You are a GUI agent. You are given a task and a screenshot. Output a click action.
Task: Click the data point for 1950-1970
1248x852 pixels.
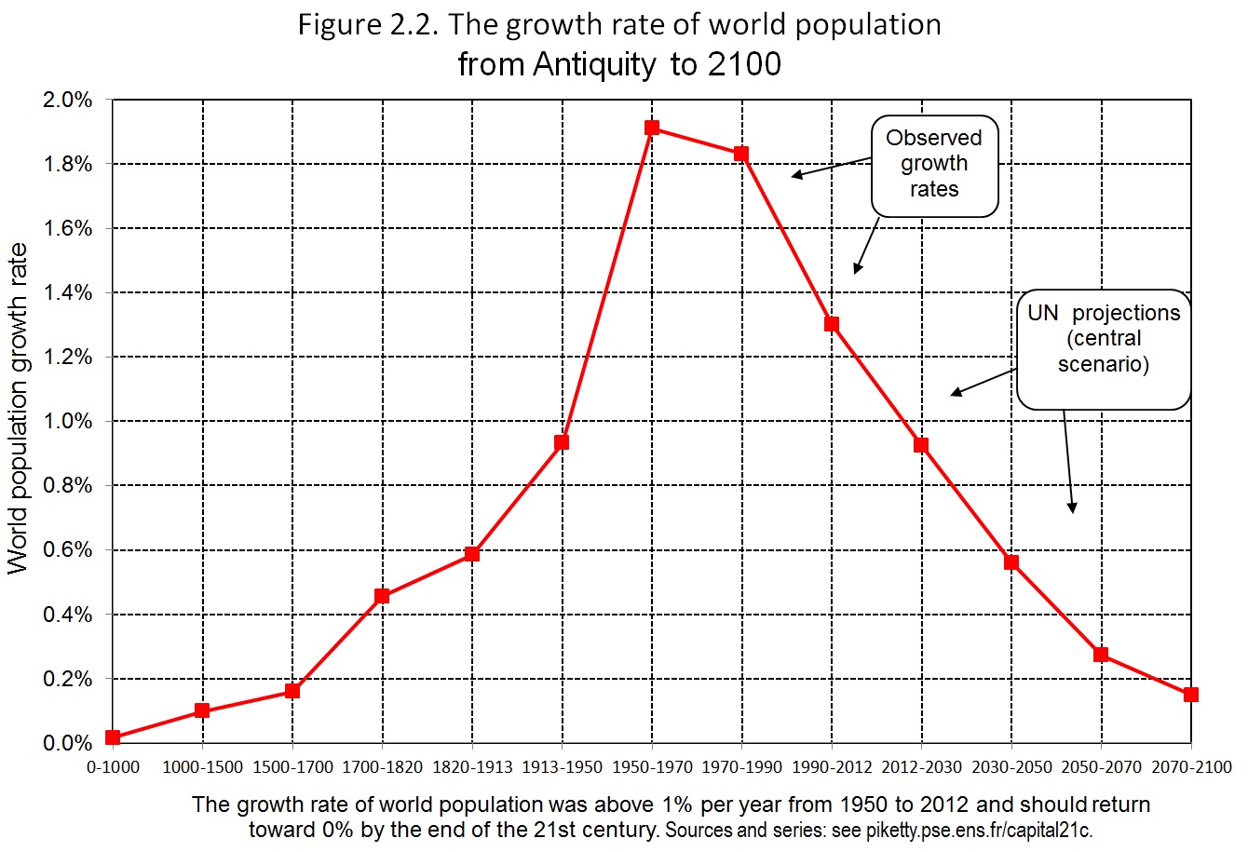pos(652,128)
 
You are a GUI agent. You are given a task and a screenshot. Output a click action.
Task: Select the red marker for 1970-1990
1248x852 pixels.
pos(741,154)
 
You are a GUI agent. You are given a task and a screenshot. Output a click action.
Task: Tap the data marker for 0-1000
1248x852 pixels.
pos(113,737)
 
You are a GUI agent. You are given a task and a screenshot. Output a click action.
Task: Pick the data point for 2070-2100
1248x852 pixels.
pos(1190,695)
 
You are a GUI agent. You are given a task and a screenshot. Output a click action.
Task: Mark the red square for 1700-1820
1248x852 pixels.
pos(382,596)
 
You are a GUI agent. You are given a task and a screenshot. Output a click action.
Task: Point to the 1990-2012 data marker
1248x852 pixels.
pos(832,324)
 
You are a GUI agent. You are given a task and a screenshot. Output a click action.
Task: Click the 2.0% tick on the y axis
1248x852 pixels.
pos(67,101)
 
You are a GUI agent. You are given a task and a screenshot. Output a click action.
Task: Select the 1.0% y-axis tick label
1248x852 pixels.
pos(67,421)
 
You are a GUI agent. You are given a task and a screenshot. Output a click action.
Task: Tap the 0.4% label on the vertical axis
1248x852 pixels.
pos(67,615)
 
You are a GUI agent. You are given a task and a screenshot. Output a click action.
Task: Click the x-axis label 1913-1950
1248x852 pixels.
pos(562,767)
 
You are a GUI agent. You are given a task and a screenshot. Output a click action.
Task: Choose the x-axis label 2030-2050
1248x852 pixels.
pos(1011,767)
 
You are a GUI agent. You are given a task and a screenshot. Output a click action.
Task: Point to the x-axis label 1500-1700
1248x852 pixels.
pos(292,767)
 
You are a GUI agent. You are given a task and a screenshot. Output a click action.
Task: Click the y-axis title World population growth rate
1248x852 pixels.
pos(18,408)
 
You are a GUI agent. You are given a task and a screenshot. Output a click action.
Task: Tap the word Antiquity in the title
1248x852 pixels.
pos(595,65)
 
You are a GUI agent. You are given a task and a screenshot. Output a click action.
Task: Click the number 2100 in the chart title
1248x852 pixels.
pos(744,64)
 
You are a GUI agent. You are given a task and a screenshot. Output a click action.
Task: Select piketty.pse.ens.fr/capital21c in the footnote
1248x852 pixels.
pos(979,831)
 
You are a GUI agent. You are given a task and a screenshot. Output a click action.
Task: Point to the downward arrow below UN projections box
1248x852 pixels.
pos(1068,462)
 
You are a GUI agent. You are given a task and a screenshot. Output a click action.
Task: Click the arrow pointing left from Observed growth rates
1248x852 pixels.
pos(832,168)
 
